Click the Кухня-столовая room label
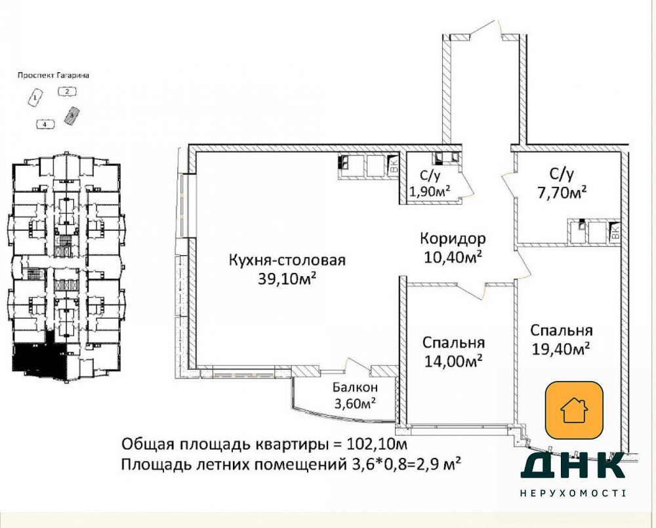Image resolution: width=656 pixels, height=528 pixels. (287, 260)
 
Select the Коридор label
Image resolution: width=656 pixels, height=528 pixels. (453, 237)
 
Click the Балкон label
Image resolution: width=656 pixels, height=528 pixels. (355, 388)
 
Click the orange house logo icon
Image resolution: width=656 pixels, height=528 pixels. (574, 411)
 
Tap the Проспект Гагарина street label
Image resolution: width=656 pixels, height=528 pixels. (54, 75)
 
